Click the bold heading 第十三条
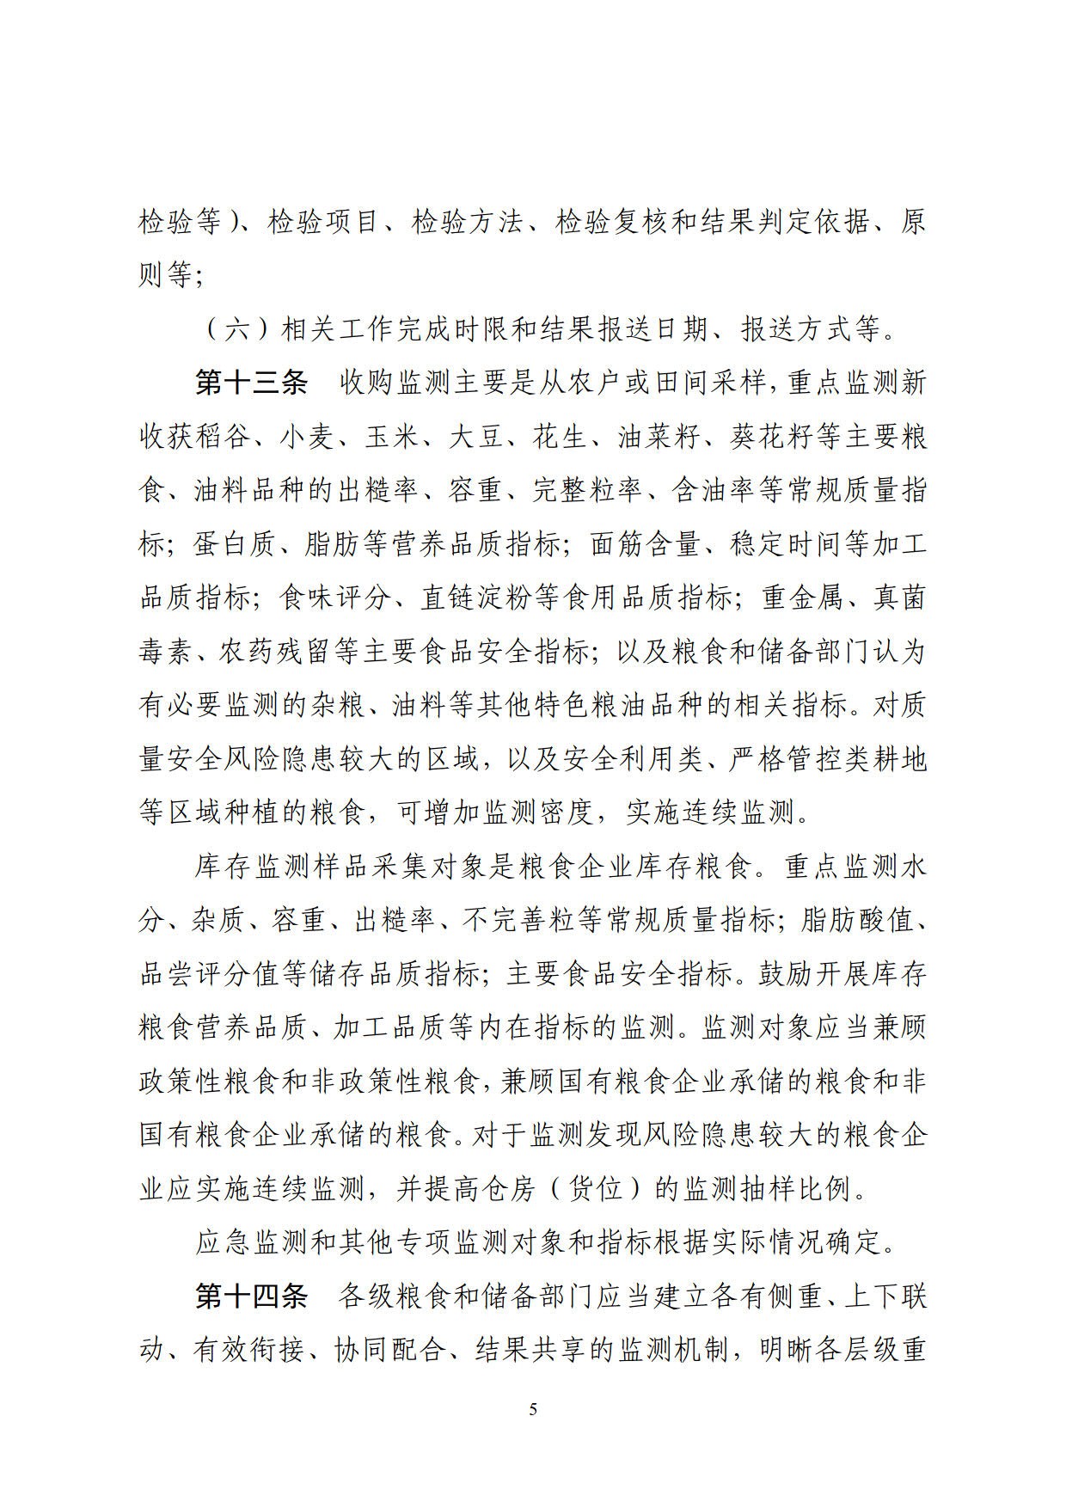(251, 383)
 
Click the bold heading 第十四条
(251, 1297)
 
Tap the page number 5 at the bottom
(533, 1409)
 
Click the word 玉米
(393, 438)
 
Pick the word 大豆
(476, 438)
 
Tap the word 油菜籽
(659, 438)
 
